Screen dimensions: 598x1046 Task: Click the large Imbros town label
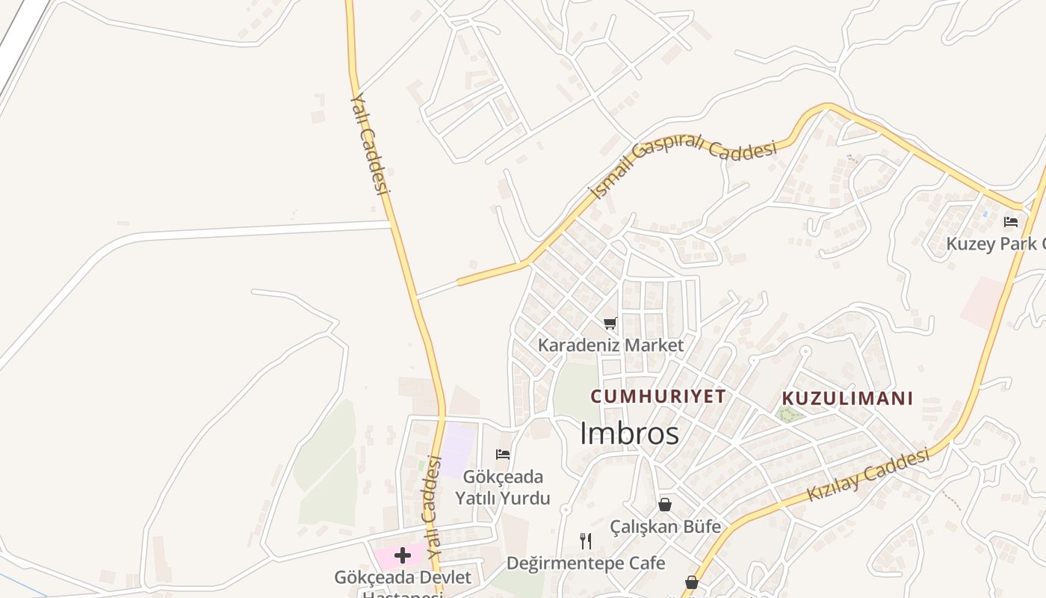[x=629, y=434]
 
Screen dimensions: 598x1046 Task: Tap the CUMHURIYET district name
[x=657, y=396]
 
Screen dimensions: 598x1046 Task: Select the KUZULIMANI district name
[x=847, y=398]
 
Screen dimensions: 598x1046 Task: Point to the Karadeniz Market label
[x=610, y=345]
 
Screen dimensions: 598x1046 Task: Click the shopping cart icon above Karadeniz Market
[x=610, y=324]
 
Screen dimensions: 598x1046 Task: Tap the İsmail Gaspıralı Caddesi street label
[x=683, y=169]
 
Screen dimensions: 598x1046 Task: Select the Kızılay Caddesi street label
[x=868, y=475]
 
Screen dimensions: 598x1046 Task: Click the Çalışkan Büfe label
[x=665, y=527]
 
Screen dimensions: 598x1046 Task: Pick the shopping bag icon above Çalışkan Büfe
[x=665, y=505]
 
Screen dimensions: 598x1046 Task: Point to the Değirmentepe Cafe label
[x=586, y=563]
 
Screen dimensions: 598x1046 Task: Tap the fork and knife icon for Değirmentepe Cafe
[x=586, y=540]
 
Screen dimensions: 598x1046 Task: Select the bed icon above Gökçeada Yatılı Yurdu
[x=503, y=454]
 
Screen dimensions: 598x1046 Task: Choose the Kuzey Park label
[x=994, y=244]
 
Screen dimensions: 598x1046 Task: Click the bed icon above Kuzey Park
[x=1011, y=222]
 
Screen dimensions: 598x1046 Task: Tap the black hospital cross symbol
[x=403, y=555]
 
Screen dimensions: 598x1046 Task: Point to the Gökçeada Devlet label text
[x=403, y=578]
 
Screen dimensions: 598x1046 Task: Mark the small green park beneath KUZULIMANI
[x=790, y=414]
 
